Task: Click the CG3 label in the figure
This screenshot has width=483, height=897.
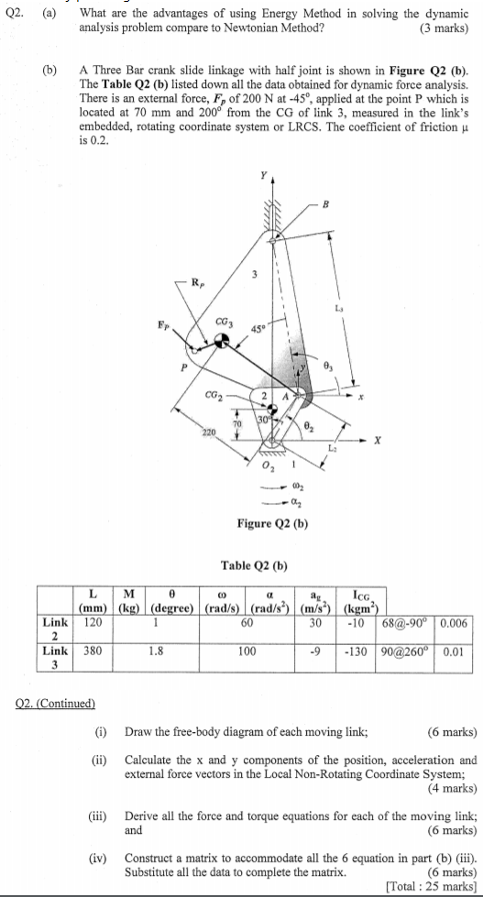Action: pos(224,323)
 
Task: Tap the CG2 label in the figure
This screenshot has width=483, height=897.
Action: pos(214,394)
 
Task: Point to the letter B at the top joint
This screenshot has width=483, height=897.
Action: pos(327,203)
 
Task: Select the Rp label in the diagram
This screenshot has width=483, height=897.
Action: pos(197,281)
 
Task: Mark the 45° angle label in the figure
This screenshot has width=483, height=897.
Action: pos(258,329)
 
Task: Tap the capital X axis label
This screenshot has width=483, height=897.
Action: pos(377,440)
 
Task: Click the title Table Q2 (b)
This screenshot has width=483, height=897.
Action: pos(254,566)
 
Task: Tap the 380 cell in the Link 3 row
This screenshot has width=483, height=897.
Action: pos(93,651)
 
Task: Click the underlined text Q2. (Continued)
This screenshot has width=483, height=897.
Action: pos(55,703)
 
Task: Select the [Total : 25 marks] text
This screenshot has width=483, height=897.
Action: pos(431,887)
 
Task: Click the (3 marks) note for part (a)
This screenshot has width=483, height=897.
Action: pos(445,28)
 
